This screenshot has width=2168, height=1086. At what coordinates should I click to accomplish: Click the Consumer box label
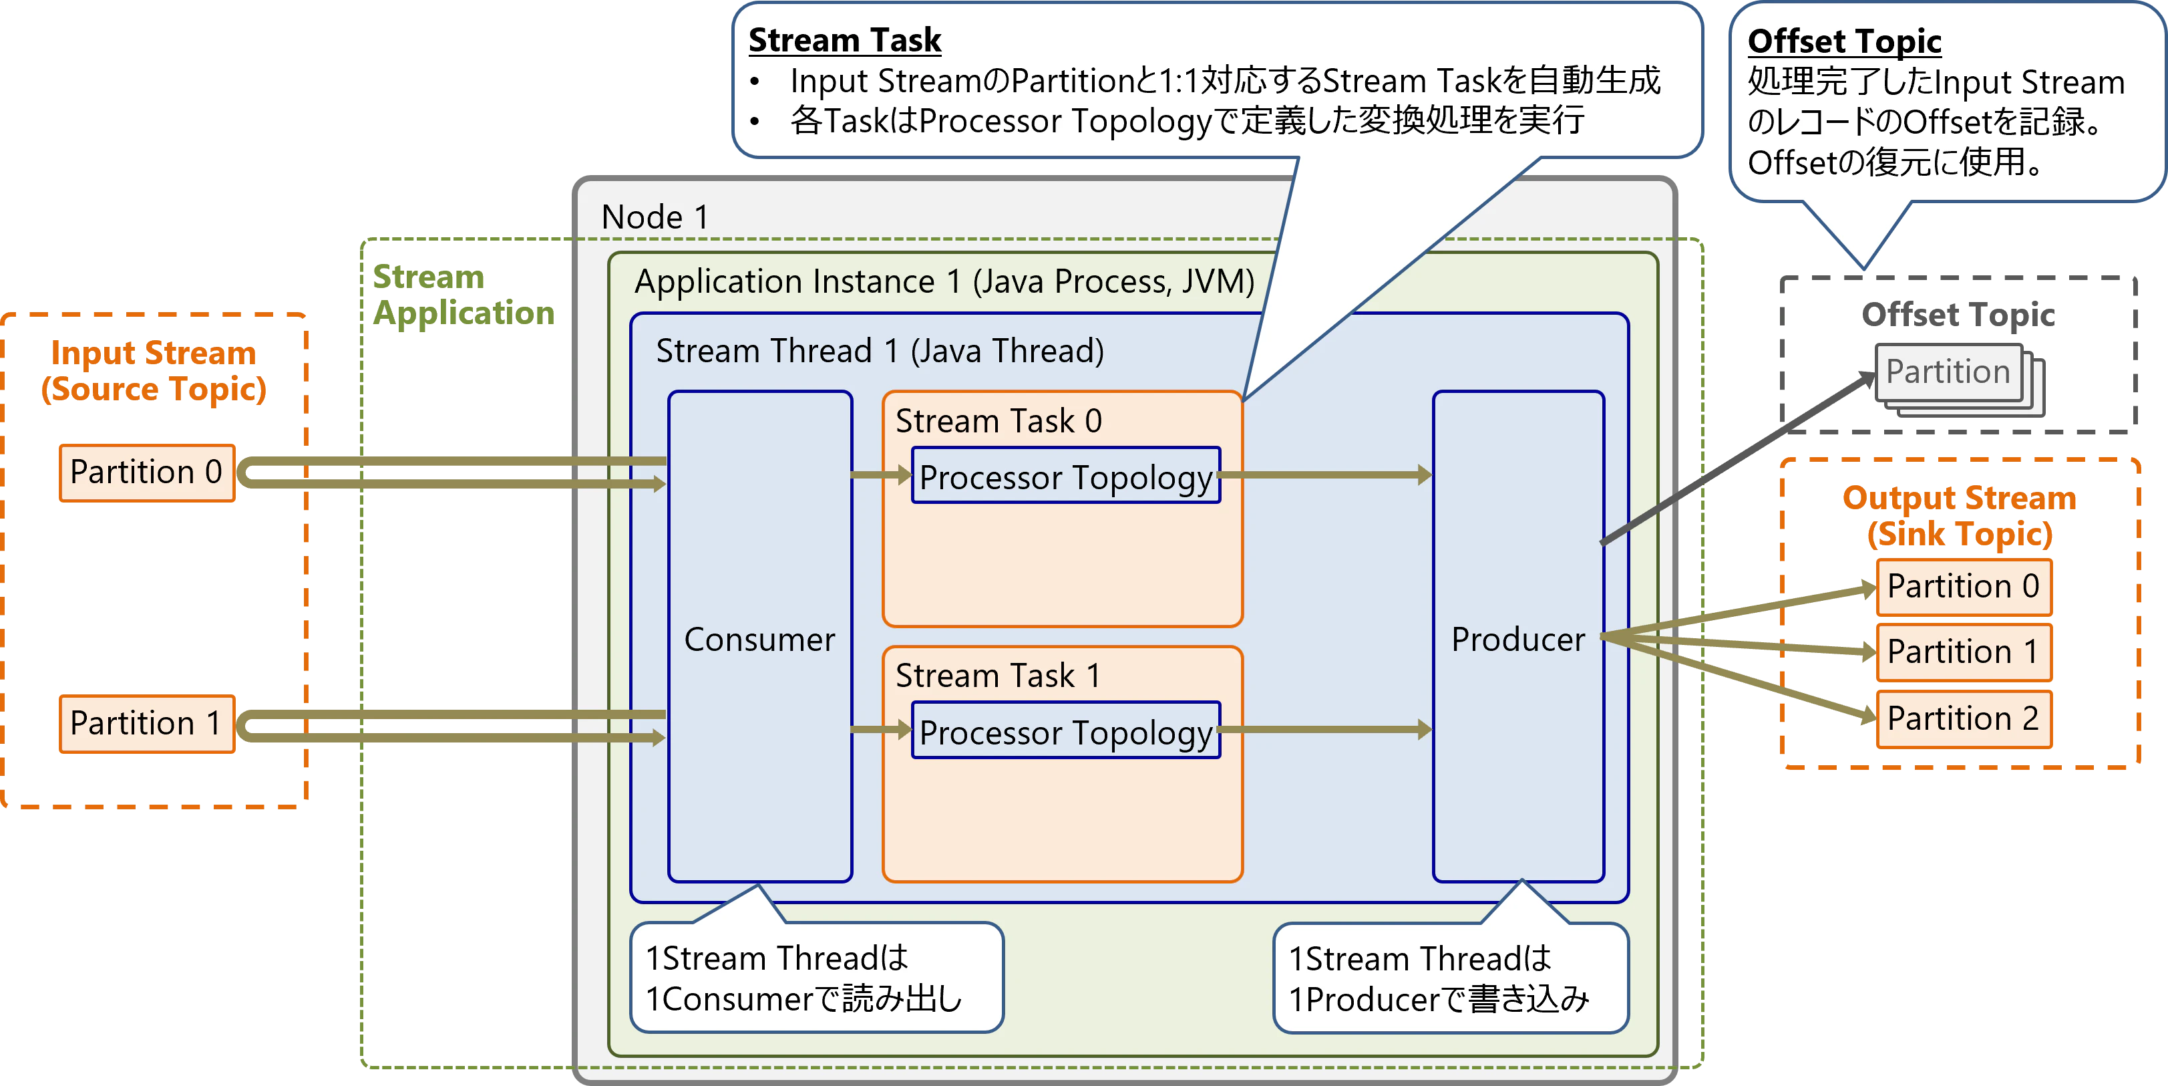click(759, 640)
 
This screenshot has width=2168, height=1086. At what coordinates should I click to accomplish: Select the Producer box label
click(1517, 640)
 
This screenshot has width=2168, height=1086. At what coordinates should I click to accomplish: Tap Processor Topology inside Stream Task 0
click(1065, 477)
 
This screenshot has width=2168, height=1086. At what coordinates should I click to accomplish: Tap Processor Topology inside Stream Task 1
click(1065, 732)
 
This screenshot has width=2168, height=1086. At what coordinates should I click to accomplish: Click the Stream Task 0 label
click(998, 420)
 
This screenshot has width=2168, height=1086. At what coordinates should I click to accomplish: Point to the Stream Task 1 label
click(998, 675)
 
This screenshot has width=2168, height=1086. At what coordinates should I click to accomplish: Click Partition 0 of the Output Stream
click(1963, 586)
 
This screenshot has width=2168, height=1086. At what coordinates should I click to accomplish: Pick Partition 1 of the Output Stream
click(1963, 652)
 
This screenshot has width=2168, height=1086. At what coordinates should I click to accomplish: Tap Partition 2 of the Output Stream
click(1963, 719)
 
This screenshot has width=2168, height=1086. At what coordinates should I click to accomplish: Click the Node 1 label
click(655, 217)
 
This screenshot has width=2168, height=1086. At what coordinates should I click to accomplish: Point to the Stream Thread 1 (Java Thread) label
click(880, 350)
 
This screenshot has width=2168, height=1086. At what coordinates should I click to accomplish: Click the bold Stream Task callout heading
click(844, 39)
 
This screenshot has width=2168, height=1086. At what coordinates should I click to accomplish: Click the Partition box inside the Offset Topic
click(1948, 372)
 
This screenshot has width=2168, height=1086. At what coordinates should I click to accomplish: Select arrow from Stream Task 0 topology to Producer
click(1326, 476)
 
